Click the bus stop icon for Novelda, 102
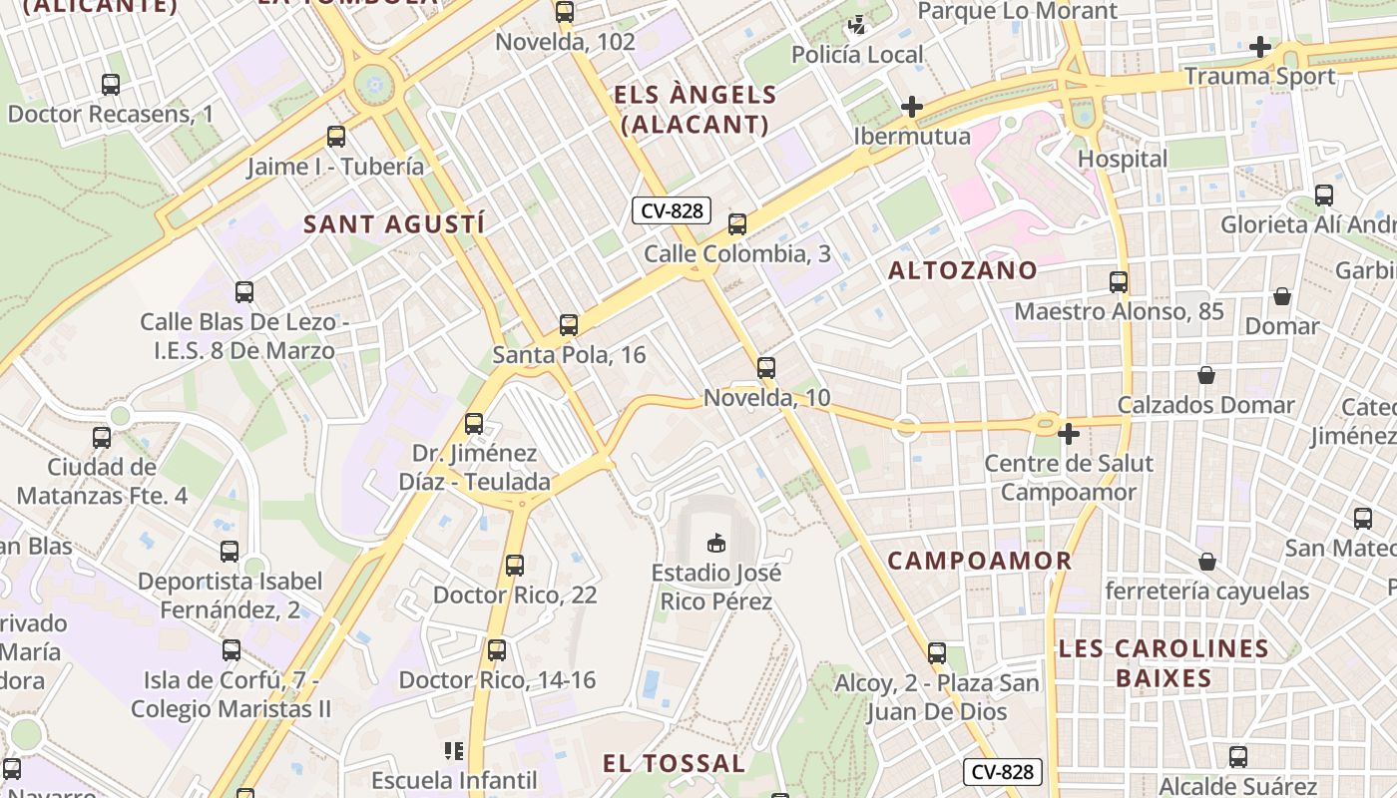coord(565,13)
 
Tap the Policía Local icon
coord(857,24)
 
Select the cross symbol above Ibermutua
coord(911,107)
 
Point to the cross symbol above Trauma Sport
coord(1260,47)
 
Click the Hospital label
coord(1123,159)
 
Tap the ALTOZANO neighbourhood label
coord(963,270)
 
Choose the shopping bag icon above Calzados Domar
coord(1206,375)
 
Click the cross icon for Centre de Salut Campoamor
coord(1069,434)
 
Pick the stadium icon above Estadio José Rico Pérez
coord(715,544)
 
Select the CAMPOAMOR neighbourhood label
coord(980,561)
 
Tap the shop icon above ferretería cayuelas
coord(1207,562)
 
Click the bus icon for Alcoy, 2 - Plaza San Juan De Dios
coord(937,653)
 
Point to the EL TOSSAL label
coord(674,764)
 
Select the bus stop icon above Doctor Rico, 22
coord(515,566)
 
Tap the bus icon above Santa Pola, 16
coord(569,324)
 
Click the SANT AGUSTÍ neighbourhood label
coord(394,224)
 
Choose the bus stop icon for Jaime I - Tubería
coord(336,137)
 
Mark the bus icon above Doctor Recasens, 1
coord(111,85)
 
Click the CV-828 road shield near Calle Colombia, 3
coord(672,210)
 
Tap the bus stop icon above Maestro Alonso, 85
coord(1119,282)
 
